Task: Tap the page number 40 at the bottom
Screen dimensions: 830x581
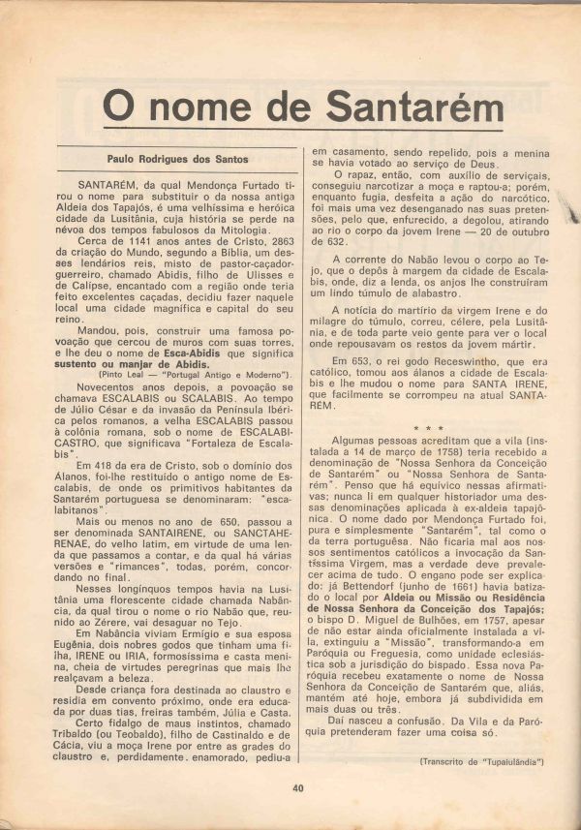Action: click(x=298, y=788)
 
